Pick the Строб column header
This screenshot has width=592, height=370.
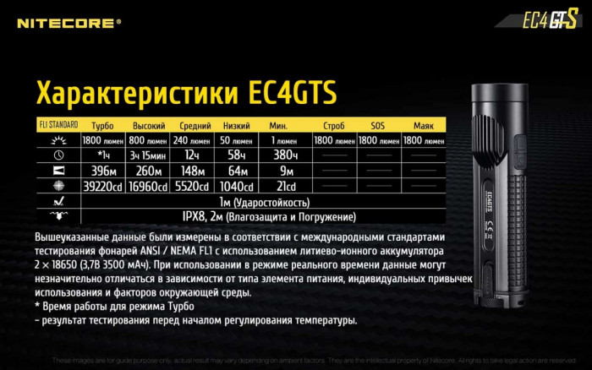coord(332,125)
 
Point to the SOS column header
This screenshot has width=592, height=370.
coord(378,125)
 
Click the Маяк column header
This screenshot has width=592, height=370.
coord(424,125)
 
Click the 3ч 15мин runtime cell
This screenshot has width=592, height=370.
coord(148,155)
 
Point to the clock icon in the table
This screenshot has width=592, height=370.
coord(58,155)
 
